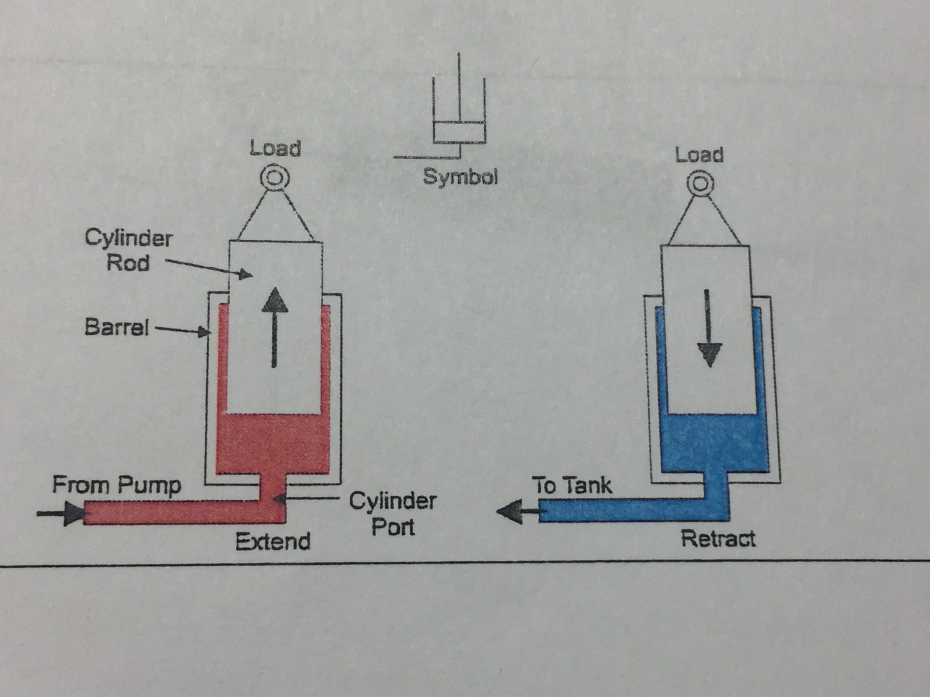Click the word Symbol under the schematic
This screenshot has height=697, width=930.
(x=460, y=177)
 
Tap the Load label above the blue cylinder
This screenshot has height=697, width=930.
(x=699, y=155)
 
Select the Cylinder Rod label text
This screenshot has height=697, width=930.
(x=128, y=250)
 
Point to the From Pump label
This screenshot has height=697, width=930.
(x=117, y=485)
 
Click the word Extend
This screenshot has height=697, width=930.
(x=273, y=541)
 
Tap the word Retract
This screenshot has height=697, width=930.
(x=718, y=539)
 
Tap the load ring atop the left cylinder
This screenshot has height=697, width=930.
(x=275, y=178)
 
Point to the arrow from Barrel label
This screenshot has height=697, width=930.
(x=183, y=330)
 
